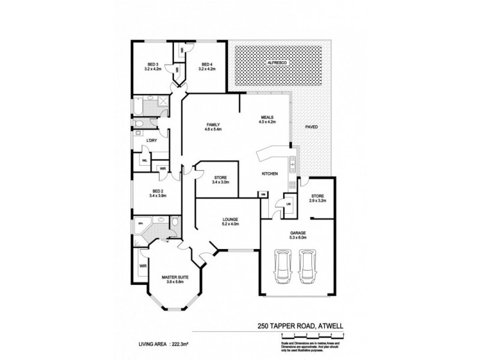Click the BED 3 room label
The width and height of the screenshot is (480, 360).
153,64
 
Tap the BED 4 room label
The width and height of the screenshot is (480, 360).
207,64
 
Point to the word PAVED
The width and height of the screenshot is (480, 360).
311,127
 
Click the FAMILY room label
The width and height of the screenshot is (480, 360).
213,124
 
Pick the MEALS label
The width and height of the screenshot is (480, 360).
267,118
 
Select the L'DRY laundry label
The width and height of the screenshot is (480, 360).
152,140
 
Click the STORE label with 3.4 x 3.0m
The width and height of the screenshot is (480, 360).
220,178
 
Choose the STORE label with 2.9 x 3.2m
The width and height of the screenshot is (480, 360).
316,196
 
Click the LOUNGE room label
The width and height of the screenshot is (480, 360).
230,220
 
